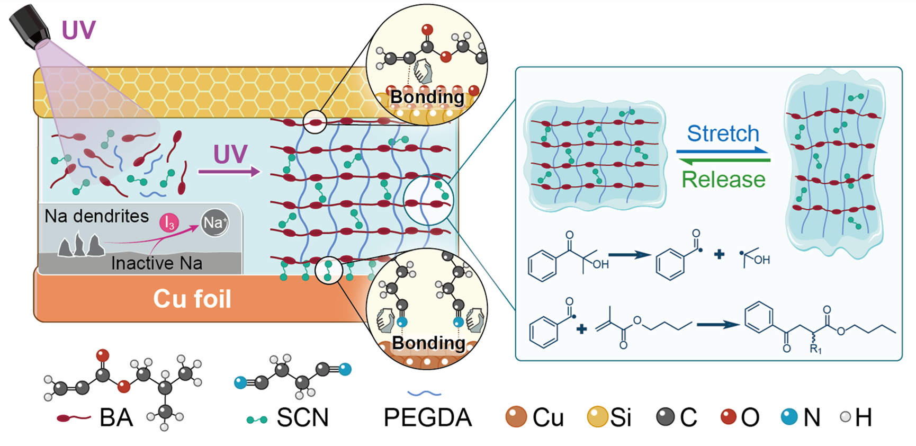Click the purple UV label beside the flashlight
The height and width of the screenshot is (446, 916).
click(x=79, y=30)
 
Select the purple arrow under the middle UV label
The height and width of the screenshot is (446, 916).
click(x=229, y=172)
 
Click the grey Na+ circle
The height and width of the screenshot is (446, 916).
click(x=214, y=223)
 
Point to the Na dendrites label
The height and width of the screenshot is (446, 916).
click(x=96, y=216)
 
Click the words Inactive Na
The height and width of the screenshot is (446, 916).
click(x=157, y=263)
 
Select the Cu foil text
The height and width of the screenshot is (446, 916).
click(x=193, y=299)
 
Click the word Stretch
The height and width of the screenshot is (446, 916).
click(x=723, y=133)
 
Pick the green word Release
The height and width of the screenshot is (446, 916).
click(x=723, y=180)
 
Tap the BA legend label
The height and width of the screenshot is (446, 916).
click(x=116, y=418)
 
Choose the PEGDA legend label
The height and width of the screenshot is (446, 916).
click(x=428, y=418)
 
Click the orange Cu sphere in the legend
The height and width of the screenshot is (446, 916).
click(x=516, y=417)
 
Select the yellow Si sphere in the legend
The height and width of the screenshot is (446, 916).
click(x=597, y=417)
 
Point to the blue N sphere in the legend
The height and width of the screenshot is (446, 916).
click(x=789, y=417)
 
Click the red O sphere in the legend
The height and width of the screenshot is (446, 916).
click(x=729, y=417)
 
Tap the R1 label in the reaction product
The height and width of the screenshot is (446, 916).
click(x=815, y=349)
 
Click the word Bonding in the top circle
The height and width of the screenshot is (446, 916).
click(x=427, y=97)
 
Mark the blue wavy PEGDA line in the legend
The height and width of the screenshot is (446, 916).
click(x=424, y=394)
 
